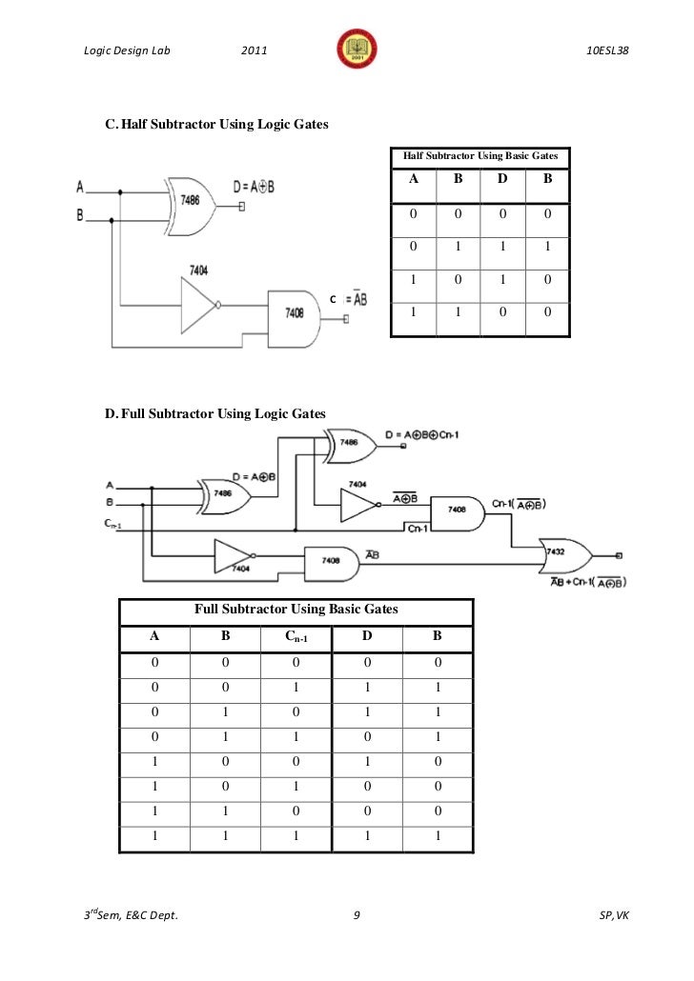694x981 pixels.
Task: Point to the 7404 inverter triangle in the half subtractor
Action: pyautogui.click(x=197, y=304)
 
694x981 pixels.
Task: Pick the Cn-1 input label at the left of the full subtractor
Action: pyautogui.click(x=112, y=522)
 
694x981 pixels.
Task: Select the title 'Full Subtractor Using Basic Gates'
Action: pyautogui.click(x=296, y=609)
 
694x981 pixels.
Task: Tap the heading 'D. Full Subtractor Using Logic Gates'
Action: pyautogui.click(x=214, y=413)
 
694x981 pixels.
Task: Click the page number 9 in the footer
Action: pyautogui.click(x=356, y=916)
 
